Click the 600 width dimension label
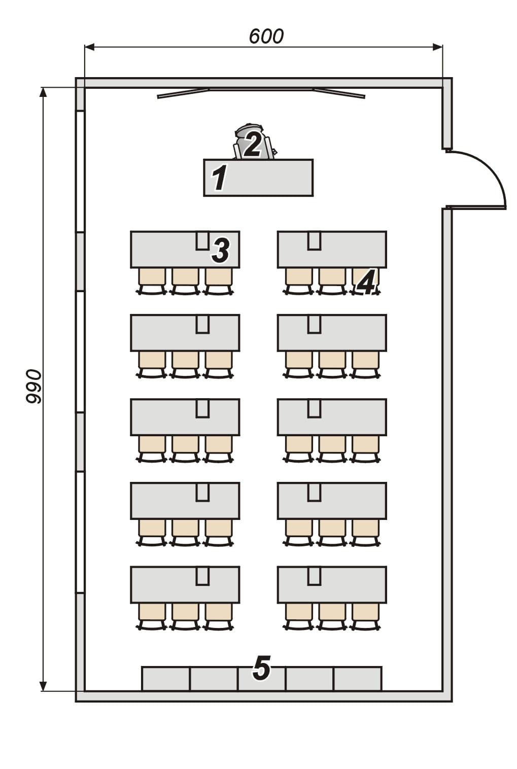coord(266,37)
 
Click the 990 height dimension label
coord(34,387)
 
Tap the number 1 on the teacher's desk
coord(219,178)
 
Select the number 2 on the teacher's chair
coord(253,144)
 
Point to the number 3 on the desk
coord(221,250)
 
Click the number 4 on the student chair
coord(366,282)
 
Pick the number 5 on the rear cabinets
coord(261,668)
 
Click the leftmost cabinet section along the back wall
coord(165,679)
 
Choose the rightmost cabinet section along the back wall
coord(358,679)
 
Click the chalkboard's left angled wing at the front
coord(183,93)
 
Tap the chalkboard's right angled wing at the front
coord(339,93)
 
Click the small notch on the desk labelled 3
coord(202,240)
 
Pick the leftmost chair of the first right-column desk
coord(299,277)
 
